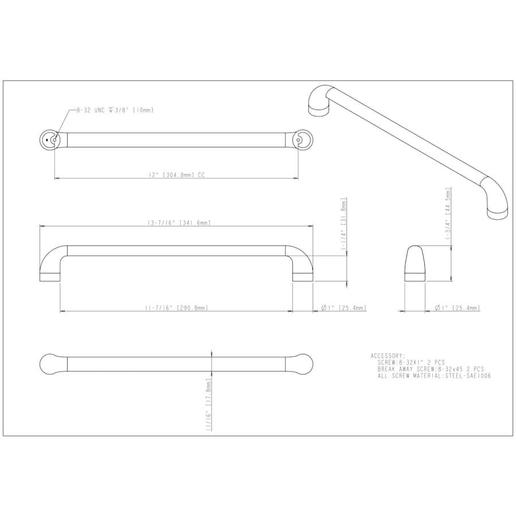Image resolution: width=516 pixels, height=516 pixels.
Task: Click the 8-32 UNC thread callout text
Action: [115, 110]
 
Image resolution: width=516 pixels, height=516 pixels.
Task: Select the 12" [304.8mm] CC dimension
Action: [177, 175]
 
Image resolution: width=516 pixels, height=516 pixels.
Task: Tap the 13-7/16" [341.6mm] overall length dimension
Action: [179, 223]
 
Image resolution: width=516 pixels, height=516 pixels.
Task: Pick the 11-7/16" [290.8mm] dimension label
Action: [177, 308]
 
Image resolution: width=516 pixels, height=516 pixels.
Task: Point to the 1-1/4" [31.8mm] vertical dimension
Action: [344, 226]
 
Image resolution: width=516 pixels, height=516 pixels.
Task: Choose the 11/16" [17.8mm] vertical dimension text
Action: [208, 404]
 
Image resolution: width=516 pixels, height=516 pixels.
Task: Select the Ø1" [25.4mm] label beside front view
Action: [343, 308]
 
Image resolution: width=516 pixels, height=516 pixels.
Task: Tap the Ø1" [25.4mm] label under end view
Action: [458, 308]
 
